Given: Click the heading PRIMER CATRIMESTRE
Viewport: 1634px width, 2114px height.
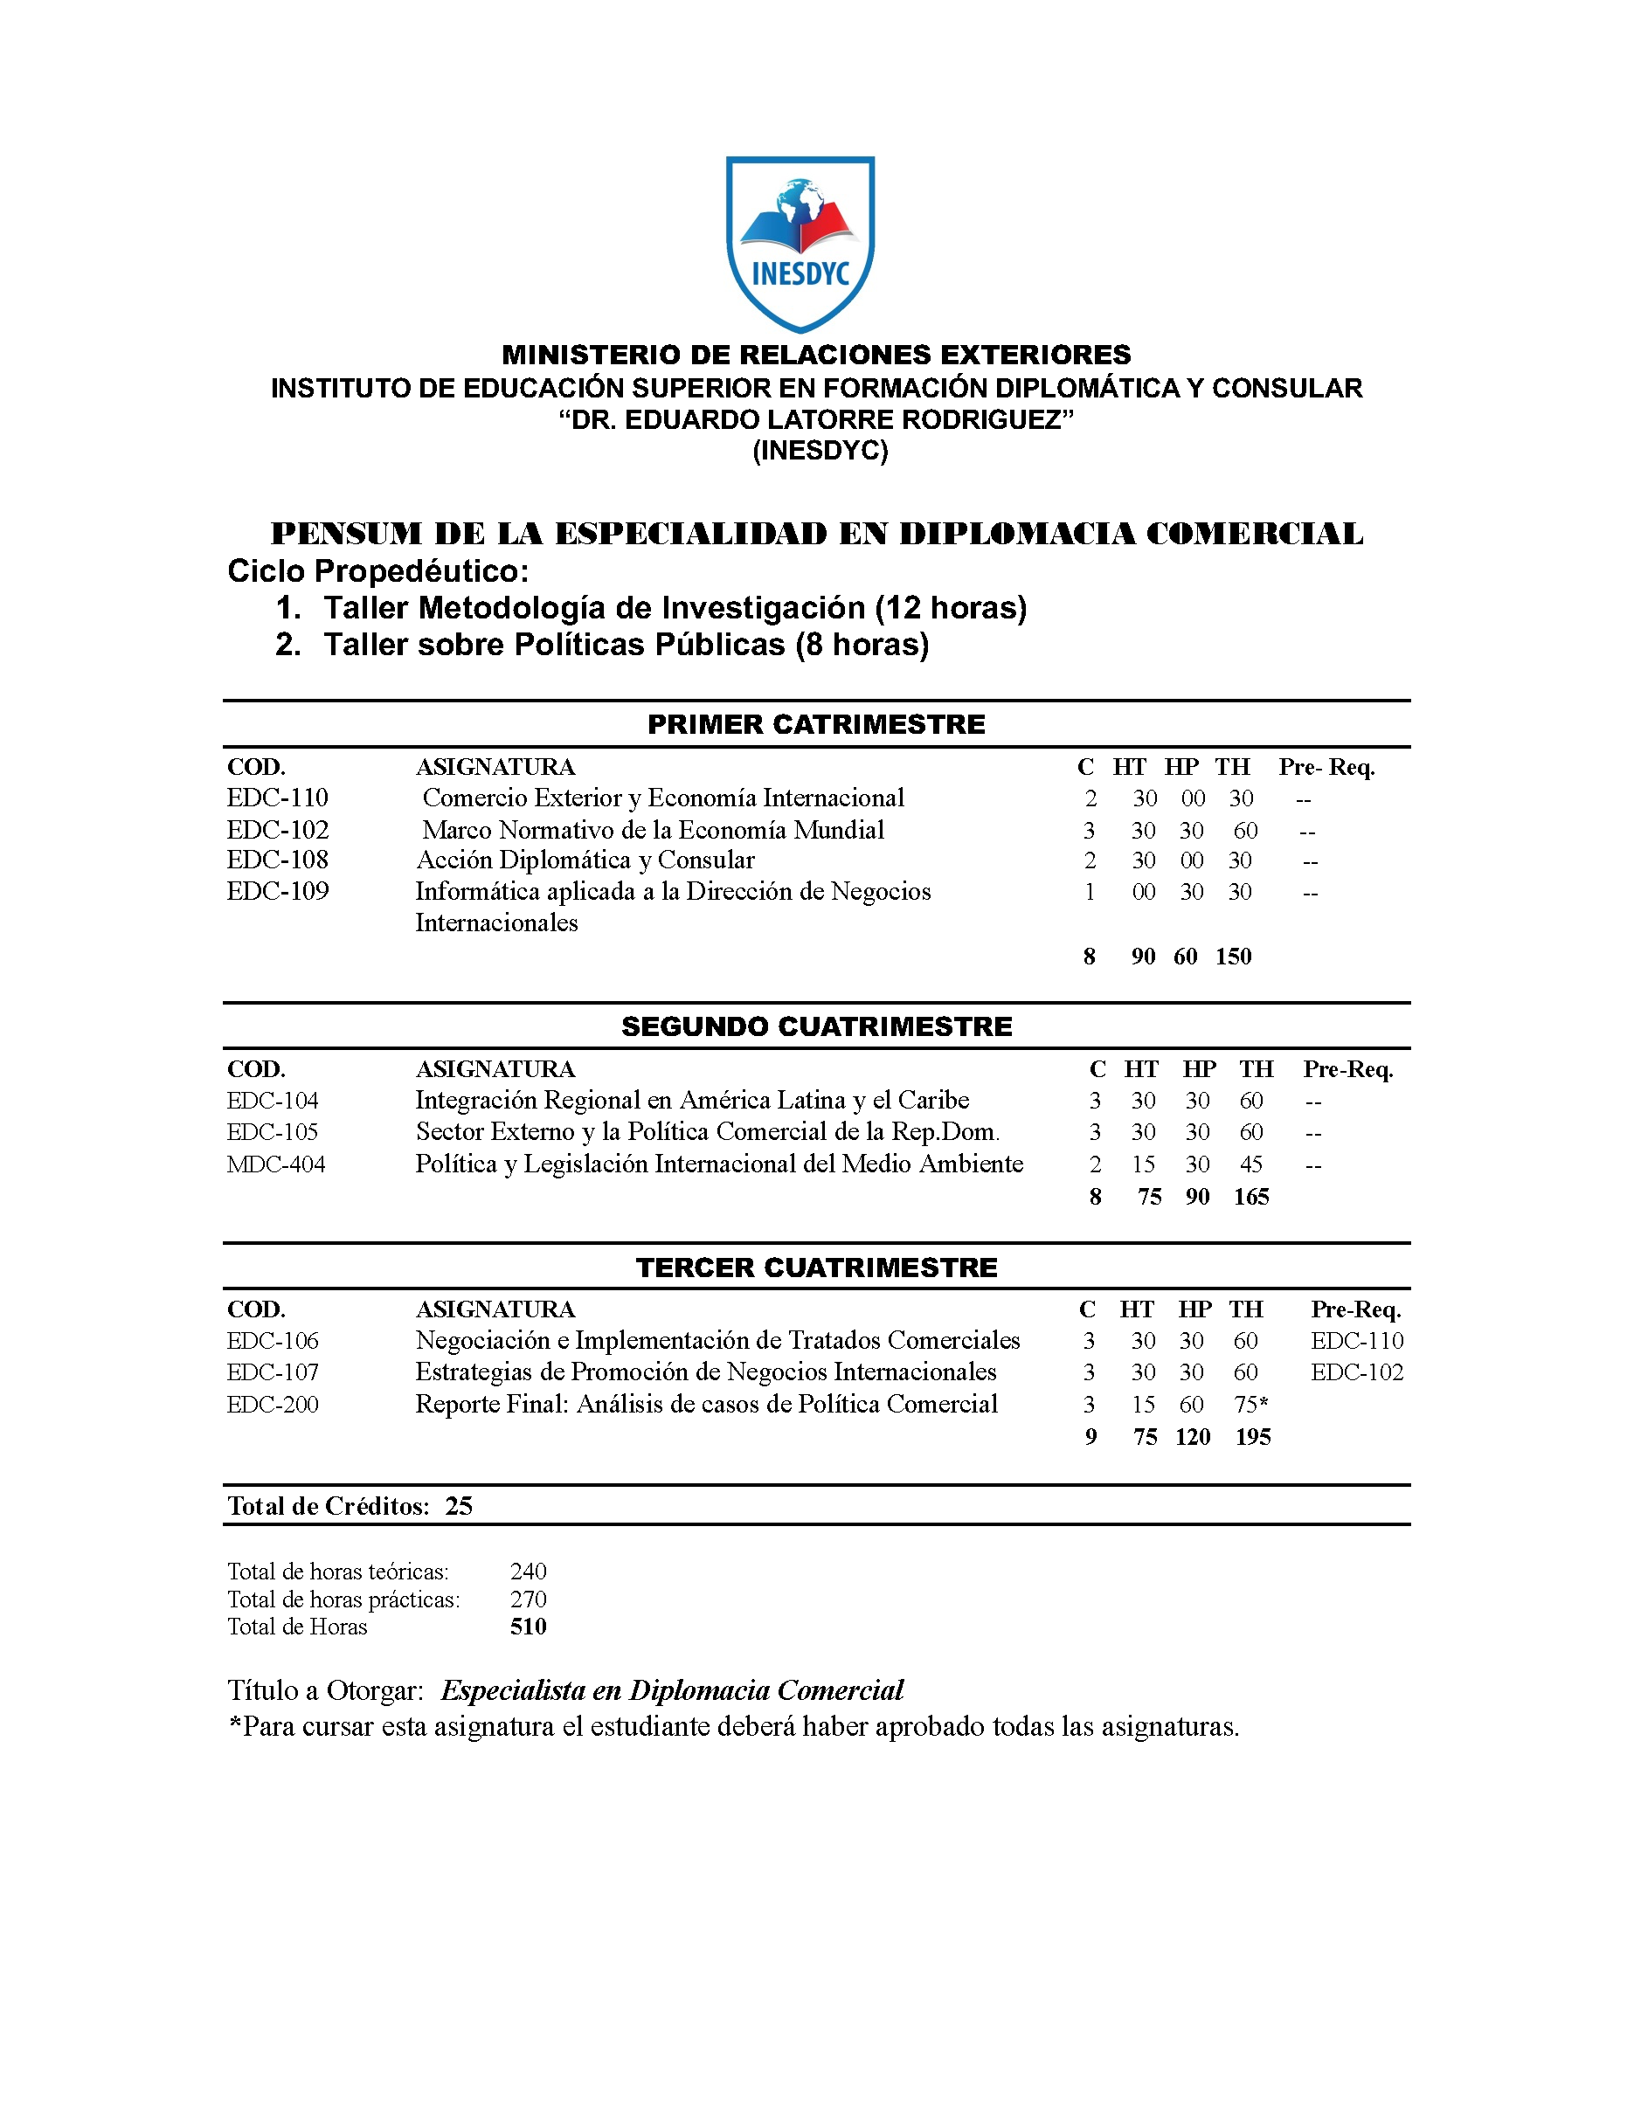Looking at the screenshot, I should (x=816, y=724).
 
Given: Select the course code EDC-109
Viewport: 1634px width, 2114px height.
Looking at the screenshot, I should (x=278, y=892).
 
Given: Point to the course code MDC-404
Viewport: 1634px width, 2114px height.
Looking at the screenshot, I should (x=276, y=1164).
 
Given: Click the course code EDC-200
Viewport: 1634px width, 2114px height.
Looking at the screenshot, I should (x=273, y=1404).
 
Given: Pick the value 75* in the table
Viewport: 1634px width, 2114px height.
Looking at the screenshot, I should (x=1250, y=1405).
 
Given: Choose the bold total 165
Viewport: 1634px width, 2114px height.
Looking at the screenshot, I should (x=1250, y=1197).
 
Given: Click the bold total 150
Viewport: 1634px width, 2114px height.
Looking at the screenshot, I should (x=1233, y=957).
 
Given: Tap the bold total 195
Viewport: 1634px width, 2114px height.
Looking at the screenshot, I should (x=1253, y=1436).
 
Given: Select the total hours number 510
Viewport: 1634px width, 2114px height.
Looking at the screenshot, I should (x=529, y=1627).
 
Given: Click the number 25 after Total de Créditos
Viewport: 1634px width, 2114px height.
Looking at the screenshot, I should (x=459, y=1505).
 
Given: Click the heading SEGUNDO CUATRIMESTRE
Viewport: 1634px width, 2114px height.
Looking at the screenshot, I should (x=816, y=1026).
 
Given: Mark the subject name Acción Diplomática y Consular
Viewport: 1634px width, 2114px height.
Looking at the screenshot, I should (x=585, y=860).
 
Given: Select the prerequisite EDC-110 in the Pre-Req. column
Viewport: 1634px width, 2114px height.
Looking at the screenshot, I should (x=1357, y=1341).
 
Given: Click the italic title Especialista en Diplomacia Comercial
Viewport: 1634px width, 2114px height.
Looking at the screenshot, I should (x=672, y=1690).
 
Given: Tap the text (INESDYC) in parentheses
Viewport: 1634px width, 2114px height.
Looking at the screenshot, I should (x=820, y=451).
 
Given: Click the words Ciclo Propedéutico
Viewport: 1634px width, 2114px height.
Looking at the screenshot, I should (x=377, y=571).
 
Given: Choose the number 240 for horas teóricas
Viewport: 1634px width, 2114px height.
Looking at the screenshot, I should (x=529, y=1571).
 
